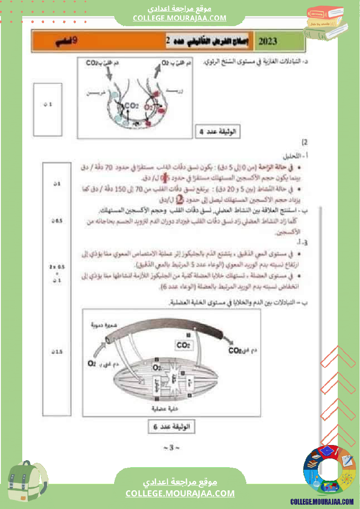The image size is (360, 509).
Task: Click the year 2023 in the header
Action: pyautogui.click(x=268, y=41)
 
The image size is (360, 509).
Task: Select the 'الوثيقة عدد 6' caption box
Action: pyautogui.click(x=171, y=426)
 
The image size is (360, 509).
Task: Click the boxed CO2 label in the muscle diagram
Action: pyautogui.click(x=183, y=345)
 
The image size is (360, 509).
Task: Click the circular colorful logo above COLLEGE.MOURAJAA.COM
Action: pyautogui.click(x=329, y=470)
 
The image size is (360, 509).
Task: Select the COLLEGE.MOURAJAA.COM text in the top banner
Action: pyautogui.click(x=180, y=18)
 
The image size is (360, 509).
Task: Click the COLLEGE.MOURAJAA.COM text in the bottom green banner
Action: pyautogui.click(x=180, y=493)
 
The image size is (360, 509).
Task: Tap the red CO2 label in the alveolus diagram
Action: pyautogui.click(x=131, y=106)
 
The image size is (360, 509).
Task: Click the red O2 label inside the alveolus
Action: pyautogui.click(x=149, y=107)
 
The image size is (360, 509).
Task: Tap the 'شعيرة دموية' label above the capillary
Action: pyautogui.click(x=103, y=325)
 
